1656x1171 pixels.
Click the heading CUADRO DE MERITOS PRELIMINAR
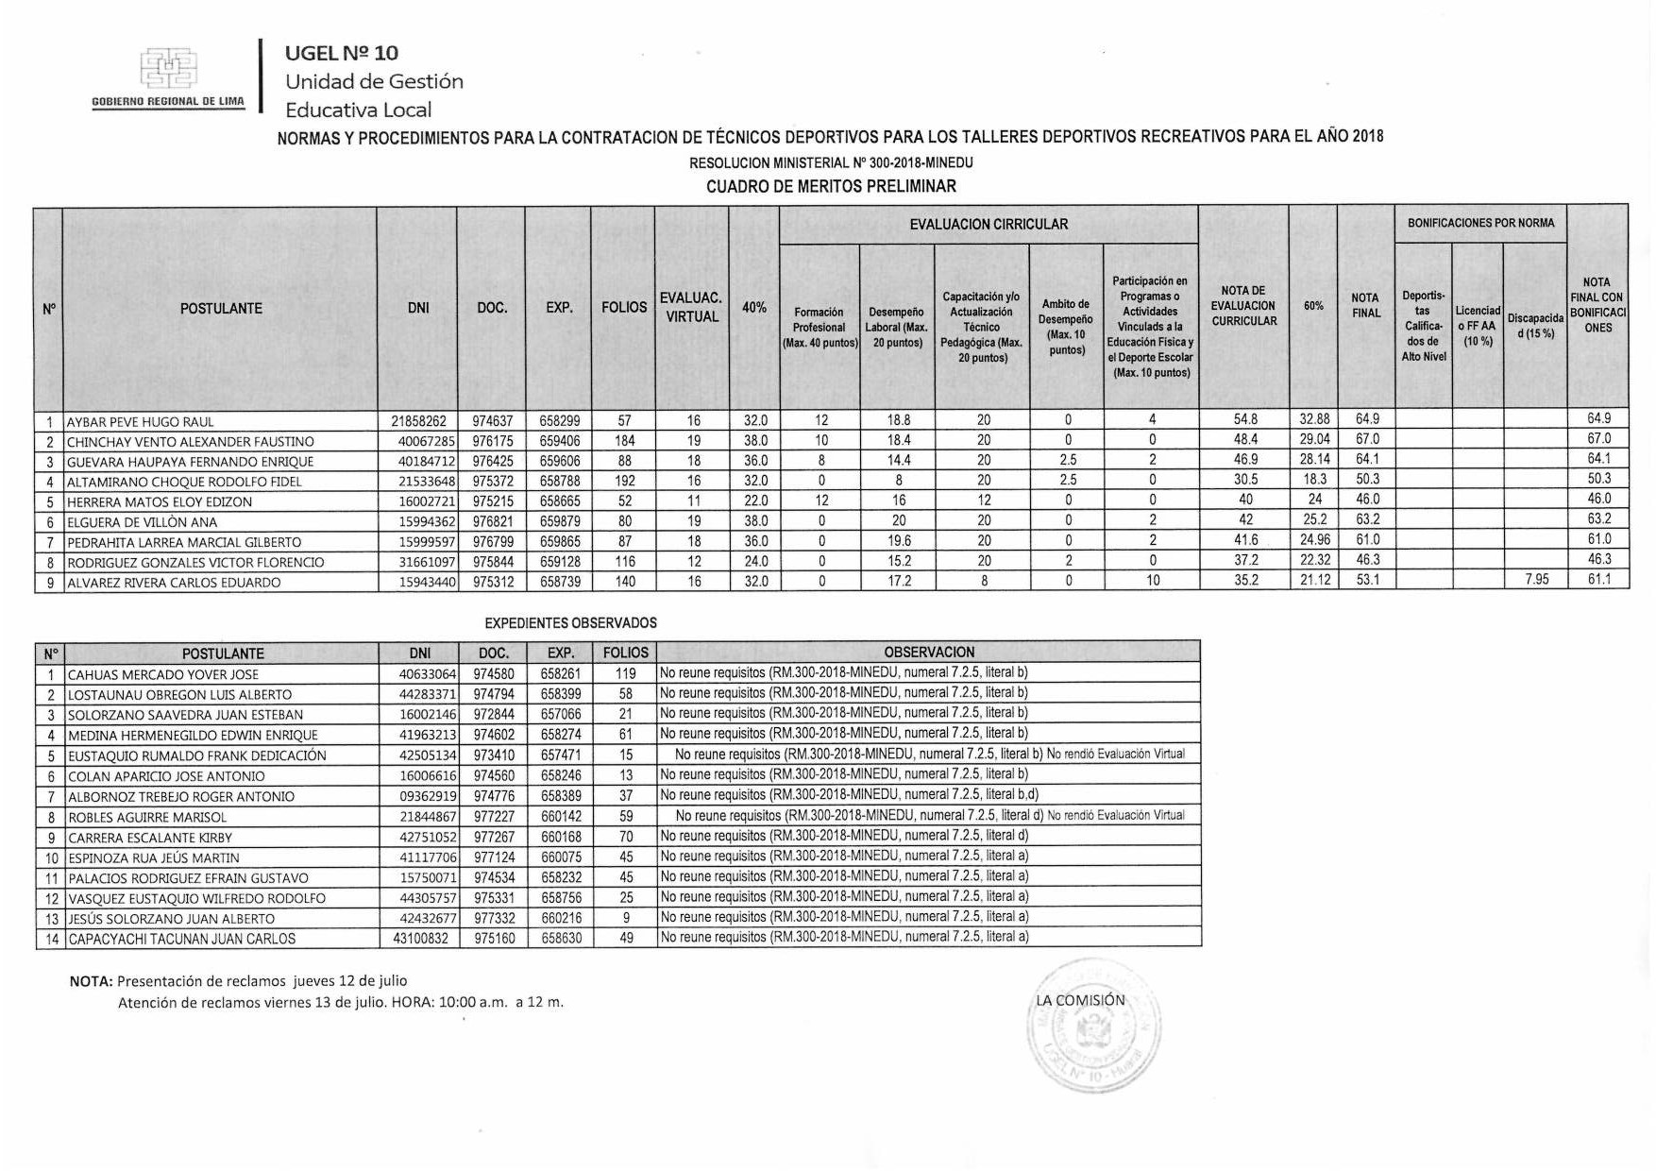click(831, 186)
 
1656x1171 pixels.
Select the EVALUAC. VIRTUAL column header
click(691, 308)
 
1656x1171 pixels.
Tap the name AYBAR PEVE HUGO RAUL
click(140, 422)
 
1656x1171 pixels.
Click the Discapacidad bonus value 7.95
click(1536, 580)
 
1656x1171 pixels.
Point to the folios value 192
click(624, 481)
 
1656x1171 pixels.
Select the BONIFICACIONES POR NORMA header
click(1480, 224)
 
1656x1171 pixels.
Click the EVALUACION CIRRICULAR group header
click(988, 225)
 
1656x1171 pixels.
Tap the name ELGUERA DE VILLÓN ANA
click(142, 522)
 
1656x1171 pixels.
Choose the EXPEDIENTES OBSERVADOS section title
click(570, 623)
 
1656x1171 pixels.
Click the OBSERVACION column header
click(928, 653)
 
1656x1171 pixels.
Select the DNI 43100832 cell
click(418, 939)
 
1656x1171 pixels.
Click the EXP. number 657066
click(560, 715)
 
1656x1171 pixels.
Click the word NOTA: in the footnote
click(92, 981)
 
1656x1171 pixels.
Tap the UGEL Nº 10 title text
click(342, 53)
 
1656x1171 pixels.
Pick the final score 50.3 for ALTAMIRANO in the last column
click(1598, 479)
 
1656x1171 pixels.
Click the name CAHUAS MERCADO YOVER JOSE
click(163, 674)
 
